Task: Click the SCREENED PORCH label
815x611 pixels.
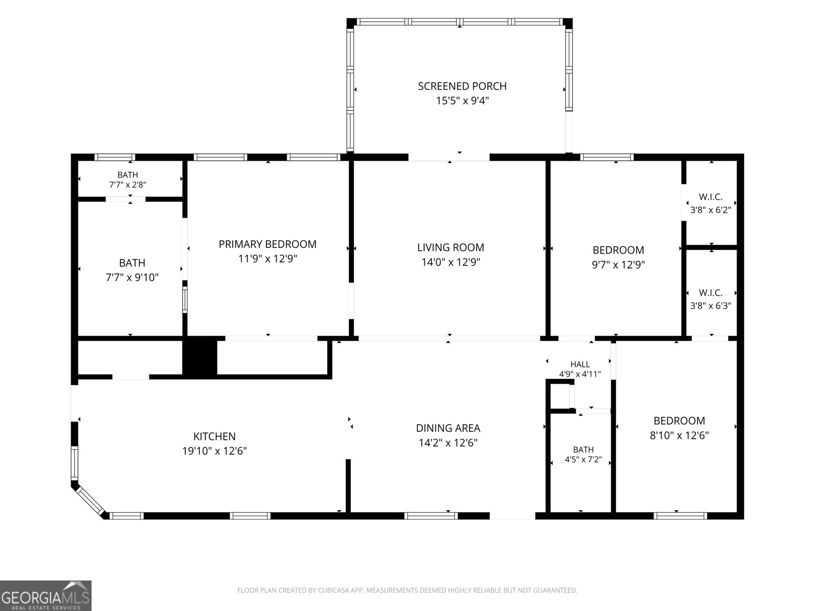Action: click(x=463, y=86)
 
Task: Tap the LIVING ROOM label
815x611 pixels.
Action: click(x=451, y=247)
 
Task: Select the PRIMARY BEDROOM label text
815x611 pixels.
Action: click(x=267, y=244)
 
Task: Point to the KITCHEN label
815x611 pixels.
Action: click(x=214, y=436)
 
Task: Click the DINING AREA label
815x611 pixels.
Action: click(x=448, y=428)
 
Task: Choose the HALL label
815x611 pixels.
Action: click(x=580, y=364)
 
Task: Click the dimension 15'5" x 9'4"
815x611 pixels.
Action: click(x=463, y=100)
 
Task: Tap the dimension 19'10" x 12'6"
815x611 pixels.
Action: click(x=214, y=451)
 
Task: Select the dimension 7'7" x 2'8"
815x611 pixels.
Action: click(x=128, y=185)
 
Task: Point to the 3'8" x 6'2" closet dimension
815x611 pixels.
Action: click(x=711, y=210)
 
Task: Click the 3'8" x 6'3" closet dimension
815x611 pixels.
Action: click(x=711, y=305)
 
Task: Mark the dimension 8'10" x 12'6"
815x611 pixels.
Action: click(x=679, y=435)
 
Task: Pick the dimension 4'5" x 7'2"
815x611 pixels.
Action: click(x=583, y=460)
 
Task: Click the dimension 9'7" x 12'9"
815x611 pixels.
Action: click(x=618, y=264)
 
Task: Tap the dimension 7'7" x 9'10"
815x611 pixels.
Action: click(x=132, y=277)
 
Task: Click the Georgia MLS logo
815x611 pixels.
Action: click(x=46, y=596)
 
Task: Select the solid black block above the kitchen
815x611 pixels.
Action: click(x=199, y=357)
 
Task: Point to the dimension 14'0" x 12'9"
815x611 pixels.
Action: click(x=451, y=262)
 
